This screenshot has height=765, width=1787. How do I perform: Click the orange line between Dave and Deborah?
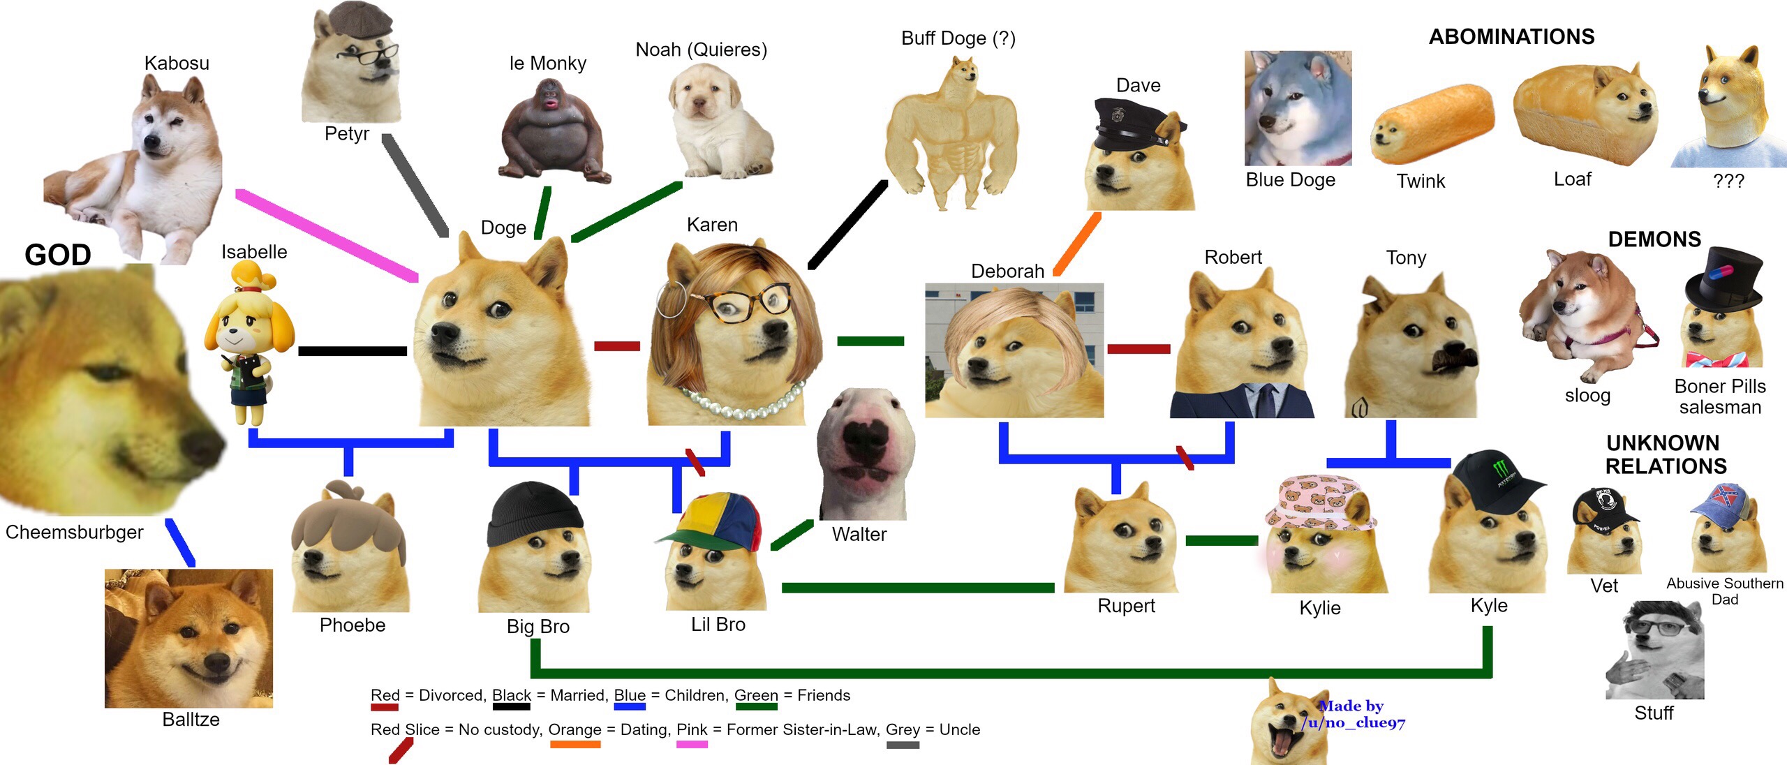pos(1077,244)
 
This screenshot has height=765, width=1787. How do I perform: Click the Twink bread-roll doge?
pos(1431,126)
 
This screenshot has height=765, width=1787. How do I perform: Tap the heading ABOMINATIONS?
pos(1511,36)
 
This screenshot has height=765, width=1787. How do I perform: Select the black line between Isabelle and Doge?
pos(352,350)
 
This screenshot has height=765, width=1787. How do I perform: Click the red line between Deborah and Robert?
pos(1139,348)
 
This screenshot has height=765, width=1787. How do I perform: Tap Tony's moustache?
pos(1455,360)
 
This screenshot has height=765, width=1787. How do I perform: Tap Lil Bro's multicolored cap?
pos(715,520)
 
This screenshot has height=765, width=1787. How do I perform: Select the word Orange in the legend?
pos(574,729)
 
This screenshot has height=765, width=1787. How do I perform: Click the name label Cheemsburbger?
pos(74,532)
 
